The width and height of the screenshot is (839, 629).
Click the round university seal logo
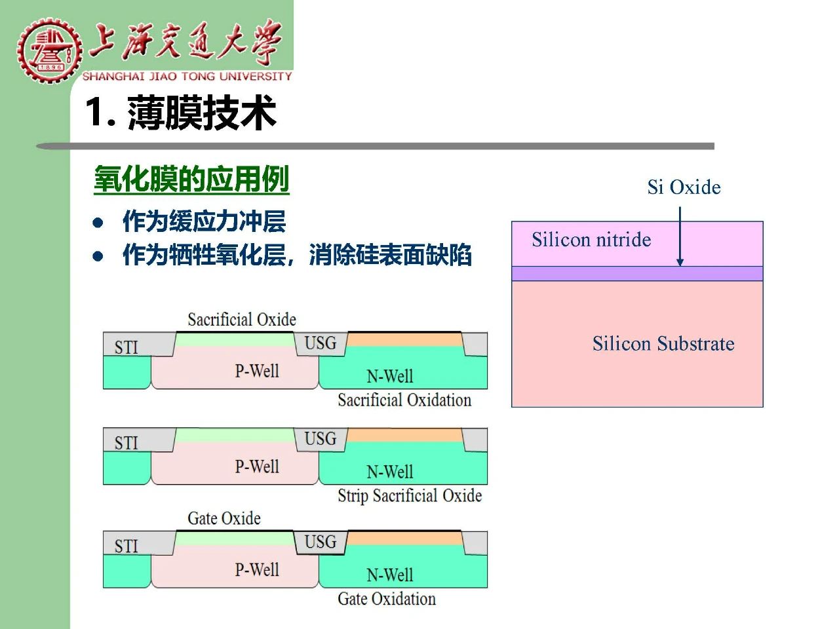[x=49, y=50]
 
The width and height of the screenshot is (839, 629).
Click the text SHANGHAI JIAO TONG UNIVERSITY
[x=187, y=77]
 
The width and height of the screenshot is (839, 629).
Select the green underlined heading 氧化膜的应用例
[x=191, y=179]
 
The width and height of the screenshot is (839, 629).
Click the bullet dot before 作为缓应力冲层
[x=98, y=222]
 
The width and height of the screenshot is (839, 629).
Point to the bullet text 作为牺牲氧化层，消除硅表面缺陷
[x=297, y=255]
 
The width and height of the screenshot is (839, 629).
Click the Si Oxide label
[x=684, y=187]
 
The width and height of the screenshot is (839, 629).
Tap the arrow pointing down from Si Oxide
[x=680, y=236]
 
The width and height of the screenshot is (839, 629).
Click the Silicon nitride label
[x=591, y=240]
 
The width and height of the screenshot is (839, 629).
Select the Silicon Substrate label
[x=663, y=343]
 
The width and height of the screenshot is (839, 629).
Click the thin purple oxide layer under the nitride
[x=637, y=273]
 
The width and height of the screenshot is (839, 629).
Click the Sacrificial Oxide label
[x=242, y=319]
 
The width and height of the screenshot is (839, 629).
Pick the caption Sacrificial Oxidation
[x=404, y=400]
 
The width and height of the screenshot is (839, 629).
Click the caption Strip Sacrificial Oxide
[x=410, y=496]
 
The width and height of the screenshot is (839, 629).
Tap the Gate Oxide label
[x=224, y=518]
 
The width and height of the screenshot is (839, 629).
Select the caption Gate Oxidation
[x=387, y=598]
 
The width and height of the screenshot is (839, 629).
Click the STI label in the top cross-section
[x=126, y=347]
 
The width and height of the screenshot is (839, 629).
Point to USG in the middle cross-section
[x=321, y=438]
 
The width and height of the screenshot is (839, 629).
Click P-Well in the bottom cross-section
[x=257, y=569]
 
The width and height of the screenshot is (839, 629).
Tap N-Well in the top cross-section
[x=390, y=376]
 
